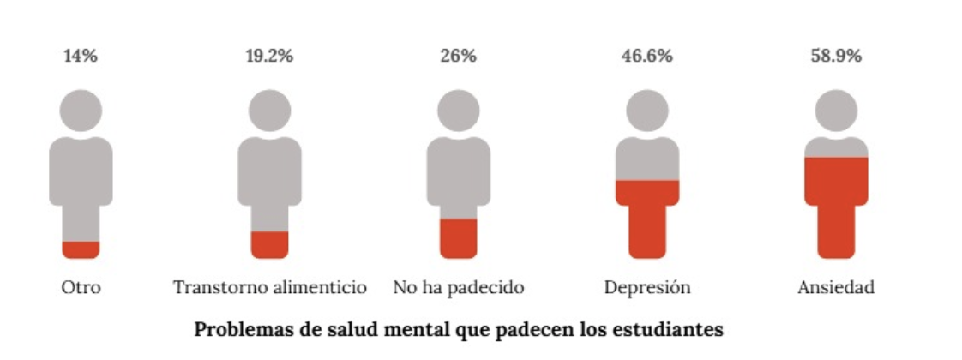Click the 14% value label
81,57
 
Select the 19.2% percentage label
269,57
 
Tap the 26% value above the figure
458,57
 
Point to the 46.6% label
646,57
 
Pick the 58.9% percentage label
836,57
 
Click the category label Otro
81,287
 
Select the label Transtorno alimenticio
269,287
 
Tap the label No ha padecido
458,287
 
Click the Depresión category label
646,287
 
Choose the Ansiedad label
836,287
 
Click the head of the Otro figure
81,111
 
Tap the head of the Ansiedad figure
836,111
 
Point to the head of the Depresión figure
646,111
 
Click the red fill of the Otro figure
81,249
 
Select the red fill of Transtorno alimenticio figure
269,244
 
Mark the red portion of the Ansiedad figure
836,206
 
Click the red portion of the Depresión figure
646,219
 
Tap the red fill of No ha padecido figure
458,238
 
